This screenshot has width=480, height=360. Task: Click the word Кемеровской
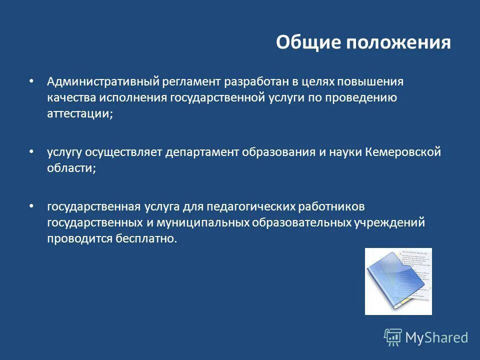tap(403, 152)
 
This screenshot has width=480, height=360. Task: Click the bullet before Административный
tap(32, 80)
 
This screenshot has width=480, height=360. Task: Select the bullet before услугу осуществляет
tap(32, 151)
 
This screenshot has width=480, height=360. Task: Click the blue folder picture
tap(398, 281)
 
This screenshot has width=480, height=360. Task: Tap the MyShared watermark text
tap(436, 337)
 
